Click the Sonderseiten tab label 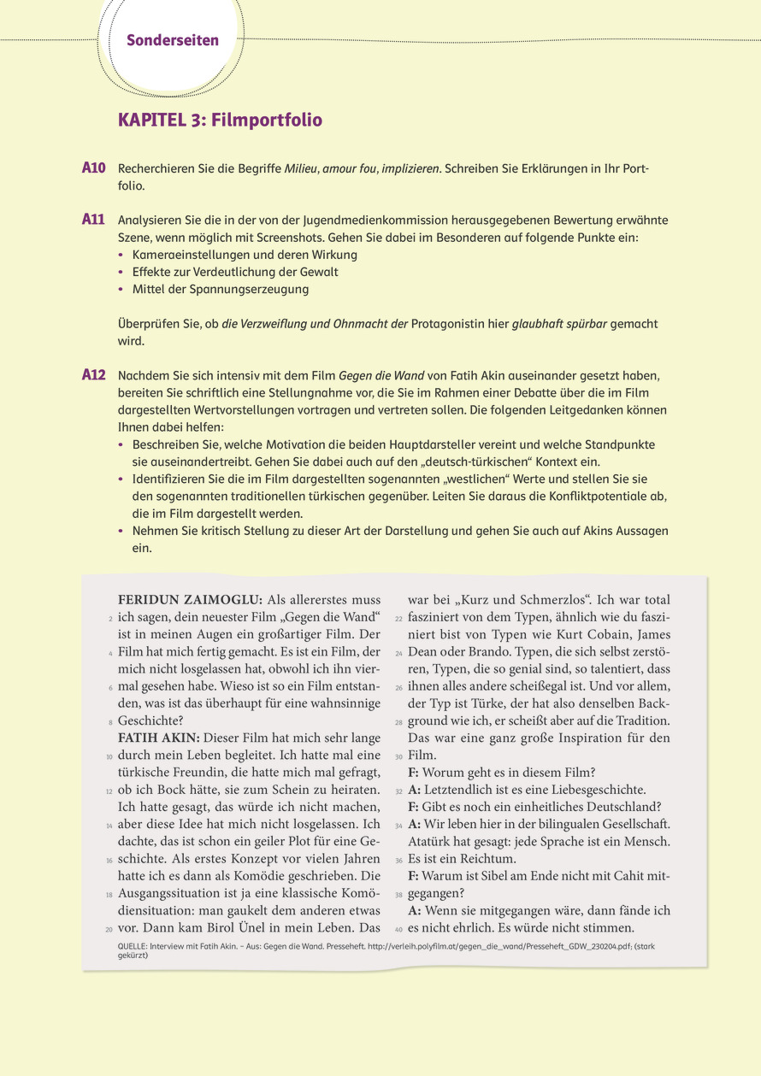tap(173, 40)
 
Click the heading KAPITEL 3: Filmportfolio tap(220, 120)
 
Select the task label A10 tap(93, 168)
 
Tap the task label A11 tap(93, 220)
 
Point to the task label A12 tap(93, 374)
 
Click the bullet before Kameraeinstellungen tap(122, 256)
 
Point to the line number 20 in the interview tap(109, 930)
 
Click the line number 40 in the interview tap(398, 930)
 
